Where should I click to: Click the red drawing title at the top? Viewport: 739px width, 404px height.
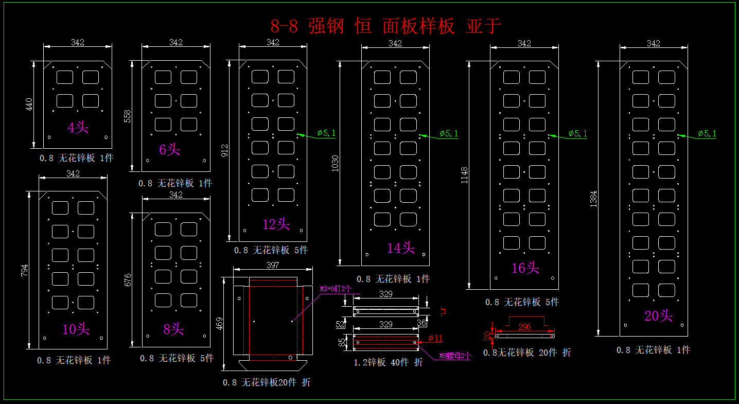tap(385, 26)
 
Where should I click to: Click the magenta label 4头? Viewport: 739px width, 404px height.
tap(78, 127)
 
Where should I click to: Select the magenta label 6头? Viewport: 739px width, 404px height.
tap(169, 150)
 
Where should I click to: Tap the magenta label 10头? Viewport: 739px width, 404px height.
tap(76, 329)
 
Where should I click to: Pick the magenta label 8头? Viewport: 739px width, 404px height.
tap(173, 329)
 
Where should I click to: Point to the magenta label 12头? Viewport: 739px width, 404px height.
tap(276, 224)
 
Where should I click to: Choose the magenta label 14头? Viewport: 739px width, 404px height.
tap(400, 248)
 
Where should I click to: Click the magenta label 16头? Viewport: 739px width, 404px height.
tap(525, 268)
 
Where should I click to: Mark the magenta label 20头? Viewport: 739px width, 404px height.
tap(658, 316)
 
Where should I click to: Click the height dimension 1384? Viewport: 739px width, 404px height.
tap(593, 199)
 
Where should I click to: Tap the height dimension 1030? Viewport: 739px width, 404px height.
tap(336, 163)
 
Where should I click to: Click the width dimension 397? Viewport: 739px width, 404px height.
tap(273, 265)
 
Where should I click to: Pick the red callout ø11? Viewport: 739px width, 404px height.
tap(435, 338)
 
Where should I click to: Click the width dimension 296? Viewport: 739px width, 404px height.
tap(524, 327)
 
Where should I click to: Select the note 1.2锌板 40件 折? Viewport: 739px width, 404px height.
tap(388, 362)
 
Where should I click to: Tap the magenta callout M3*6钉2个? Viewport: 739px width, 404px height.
tap(336, 289)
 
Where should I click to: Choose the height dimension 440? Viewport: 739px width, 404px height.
tap(29, 104)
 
